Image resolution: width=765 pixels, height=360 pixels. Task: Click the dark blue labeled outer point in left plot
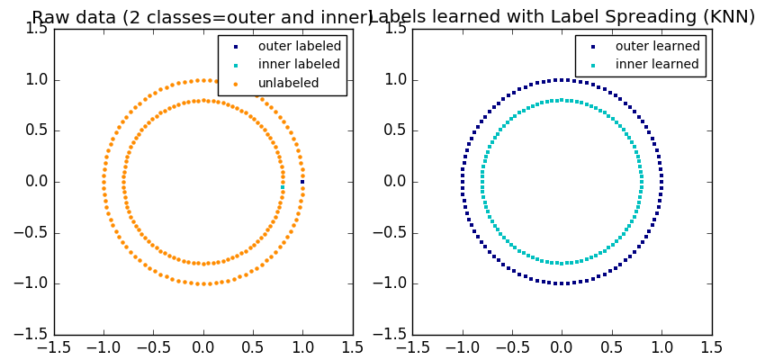(302, 182)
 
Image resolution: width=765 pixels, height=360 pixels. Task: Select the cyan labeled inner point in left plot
(283, 187)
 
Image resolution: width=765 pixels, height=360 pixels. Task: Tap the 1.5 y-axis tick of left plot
(36, 29)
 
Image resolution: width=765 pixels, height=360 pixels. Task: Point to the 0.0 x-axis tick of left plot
(203, 346)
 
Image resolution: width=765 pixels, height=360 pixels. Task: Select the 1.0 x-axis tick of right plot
(661, 346)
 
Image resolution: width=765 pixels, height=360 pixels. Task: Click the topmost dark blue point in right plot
(562, 80)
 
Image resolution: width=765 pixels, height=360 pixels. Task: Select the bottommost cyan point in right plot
(562, 263)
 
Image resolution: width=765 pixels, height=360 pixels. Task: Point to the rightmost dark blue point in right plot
(661, 182)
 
